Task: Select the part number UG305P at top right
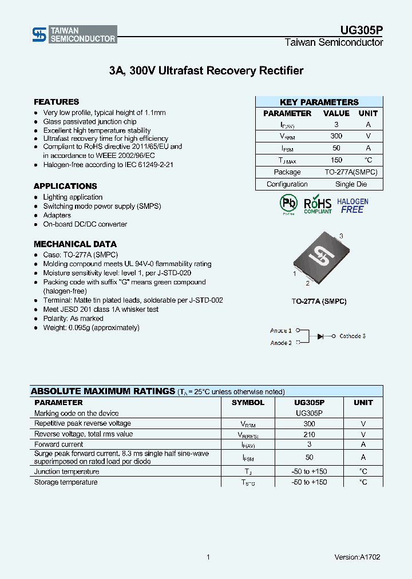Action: pyautogui.click(x=362, y=31)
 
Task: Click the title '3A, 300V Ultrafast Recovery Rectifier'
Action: pyautogui.click(x=206, y=71)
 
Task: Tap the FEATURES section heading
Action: pyautogui.click(x=56, y=102)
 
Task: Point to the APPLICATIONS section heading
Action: pyautogui.click(x=65, y=186)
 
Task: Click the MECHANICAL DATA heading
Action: pyautogui.click(x=75, y=244)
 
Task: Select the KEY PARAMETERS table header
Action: pyautogui.click(x=319, y=102)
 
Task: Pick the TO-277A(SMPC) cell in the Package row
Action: pyautogui.click(x=351, y=172)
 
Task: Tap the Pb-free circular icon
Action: pyautogui.click(x=288, y=204)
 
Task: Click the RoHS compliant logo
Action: pyautogui.click(x=318, y=204)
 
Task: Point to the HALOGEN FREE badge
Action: pyautogui.click(x=352, y=205)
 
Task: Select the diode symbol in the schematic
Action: pyautogui.click(x=322, y=336)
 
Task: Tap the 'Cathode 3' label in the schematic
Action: pyautogui.click(x=352, y=336)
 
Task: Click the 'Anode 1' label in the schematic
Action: pyautogui.click(x=280, y=331)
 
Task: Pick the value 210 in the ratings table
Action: pyautogui.click(x=309, y=434)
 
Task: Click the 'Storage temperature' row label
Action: pyautogui.click(x=66, y=482)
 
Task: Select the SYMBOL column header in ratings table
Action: pyautogui.click(x=248, y=403)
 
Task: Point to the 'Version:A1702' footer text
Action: pyautogui.click(x=357, y=557)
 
